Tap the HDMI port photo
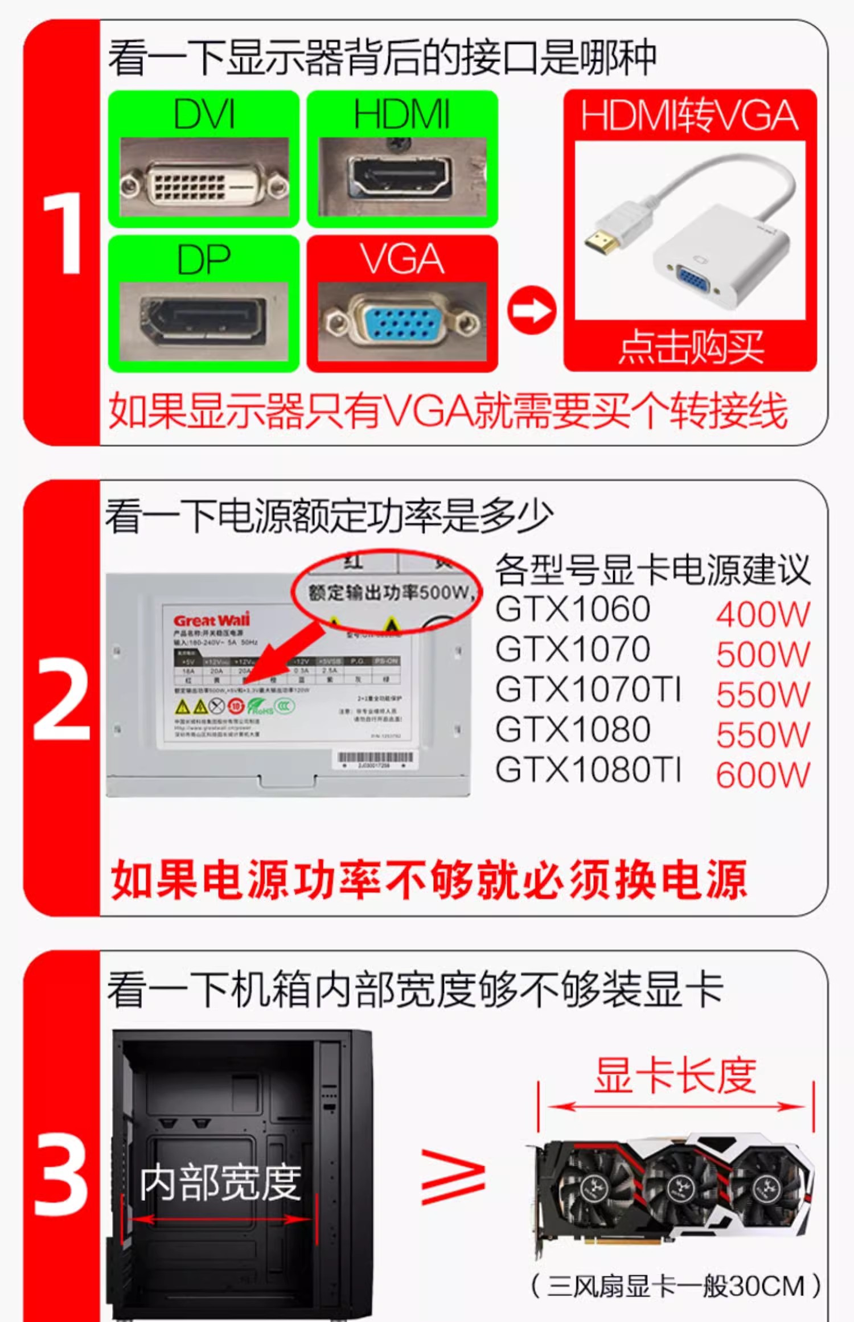click(402, 178)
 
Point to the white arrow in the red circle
click(531, 310)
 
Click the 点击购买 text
click(691, 346)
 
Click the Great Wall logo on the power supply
click(212, 619)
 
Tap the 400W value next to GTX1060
click(763, 615)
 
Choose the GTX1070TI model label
click(588, 689)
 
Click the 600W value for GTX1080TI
click(763, 775)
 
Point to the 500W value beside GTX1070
click(763, 655)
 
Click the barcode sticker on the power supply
click(374, 759)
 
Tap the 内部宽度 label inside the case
click(221, 1183)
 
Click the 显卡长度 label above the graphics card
click(675, 1076)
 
